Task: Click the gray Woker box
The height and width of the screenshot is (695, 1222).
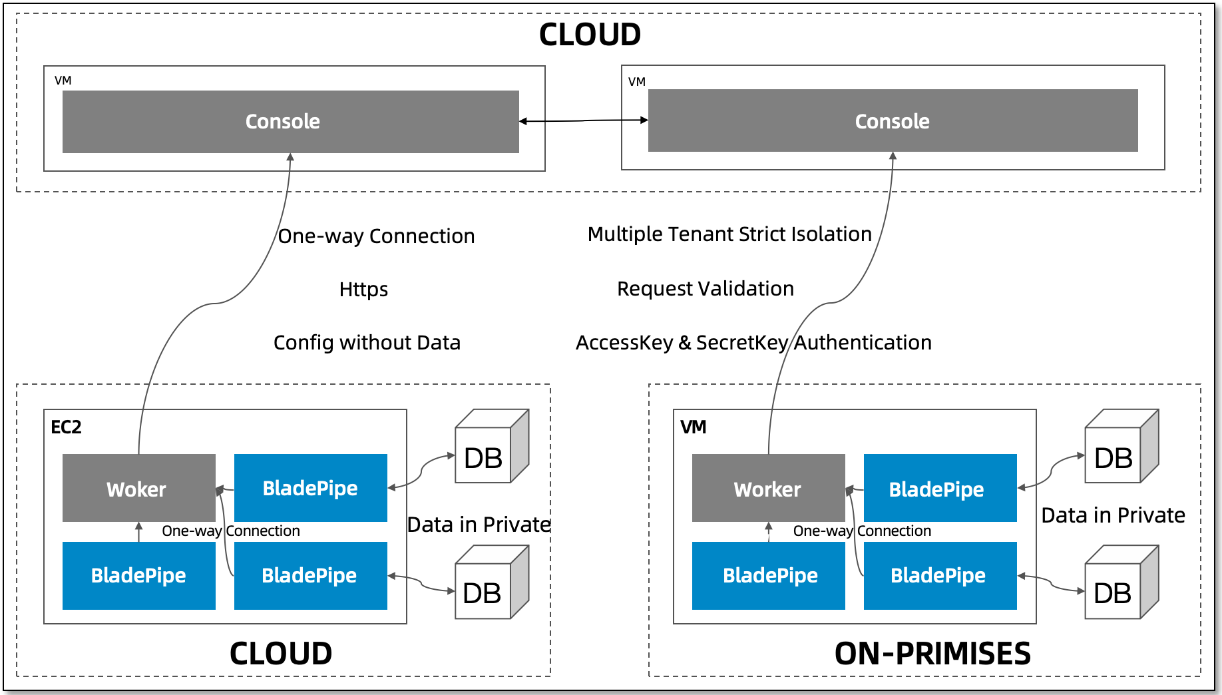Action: pos(138,489)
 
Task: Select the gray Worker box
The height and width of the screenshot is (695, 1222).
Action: pos(768,489)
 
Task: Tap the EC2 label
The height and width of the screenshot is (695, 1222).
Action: pos(66,427)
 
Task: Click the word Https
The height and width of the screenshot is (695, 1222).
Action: pos(363,289)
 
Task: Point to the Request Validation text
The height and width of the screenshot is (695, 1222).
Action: pos(706,288)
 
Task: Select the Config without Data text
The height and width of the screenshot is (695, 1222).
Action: pos(367,342)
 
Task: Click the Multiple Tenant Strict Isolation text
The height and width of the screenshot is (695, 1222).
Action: pos(729,234)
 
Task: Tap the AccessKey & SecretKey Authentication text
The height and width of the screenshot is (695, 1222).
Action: pos(753,342)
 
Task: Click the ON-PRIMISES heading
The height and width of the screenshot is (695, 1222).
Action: pos(932,653)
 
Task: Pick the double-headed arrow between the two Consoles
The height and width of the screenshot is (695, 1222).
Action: pos(583,120)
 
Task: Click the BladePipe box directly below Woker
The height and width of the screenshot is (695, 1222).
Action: pos(138,575)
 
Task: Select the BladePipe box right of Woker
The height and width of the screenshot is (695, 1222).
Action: pos(310,488)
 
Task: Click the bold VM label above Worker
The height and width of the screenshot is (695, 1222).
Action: pos(693,427)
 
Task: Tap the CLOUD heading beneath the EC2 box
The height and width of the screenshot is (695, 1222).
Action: pos(281,653)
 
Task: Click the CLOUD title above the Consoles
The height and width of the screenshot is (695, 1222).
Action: pos(590,35)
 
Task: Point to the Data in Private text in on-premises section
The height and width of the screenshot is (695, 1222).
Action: pos(1113,515)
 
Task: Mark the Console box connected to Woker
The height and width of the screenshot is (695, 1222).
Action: pos(290,122)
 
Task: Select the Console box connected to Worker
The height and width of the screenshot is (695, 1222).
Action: pos(893,121)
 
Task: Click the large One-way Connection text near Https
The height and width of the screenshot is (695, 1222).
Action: pos(376,236)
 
